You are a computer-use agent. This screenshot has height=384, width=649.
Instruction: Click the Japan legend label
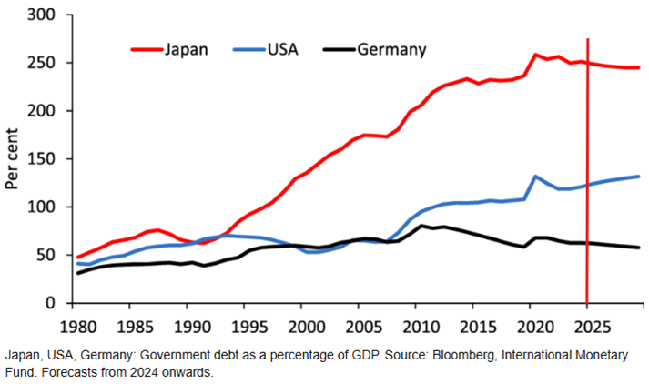pos(187,49)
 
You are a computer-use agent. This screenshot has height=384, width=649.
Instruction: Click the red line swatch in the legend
pos(145,49)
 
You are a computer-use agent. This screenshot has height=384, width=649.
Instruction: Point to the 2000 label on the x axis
pos(305,325)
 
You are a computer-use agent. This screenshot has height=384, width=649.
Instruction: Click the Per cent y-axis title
pos(13,159)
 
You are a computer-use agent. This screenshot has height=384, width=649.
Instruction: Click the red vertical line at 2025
pos(588,182)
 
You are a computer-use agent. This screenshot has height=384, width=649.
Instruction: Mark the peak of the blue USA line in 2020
pos(536,177)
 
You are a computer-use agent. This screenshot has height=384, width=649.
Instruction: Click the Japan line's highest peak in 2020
pos(536,55)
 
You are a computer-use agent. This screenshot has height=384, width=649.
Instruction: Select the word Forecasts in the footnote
pos(36,371)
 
